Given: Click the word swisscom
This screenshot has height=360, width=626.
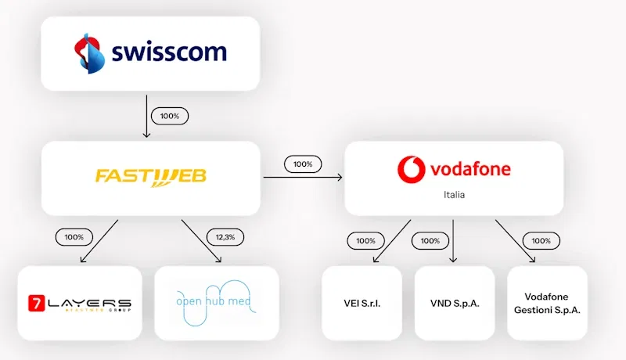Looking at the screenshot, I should [x=168, y=53].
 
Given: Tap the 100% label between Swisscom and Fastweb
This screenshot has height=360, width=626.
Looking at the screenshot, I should [x=170, y=116].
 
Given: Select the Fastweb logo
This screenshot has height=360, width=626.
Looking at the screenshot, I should [x=151, y=176].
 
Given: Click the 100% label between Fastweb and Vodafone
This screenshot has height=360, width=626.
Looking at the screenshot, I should [x=303, y=164].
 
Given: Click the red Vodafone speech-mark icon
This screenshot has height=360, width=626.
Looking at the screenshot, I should [x=410, y=169].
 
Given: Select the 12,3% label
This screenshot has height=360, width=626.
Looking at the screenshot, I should [x=225, y=236].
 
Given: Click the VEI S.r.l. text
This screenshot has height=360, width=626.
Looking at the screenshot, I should [x=362, y=303].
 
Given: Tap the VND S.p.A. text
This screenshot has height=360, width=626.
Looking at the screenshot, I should [x=453, y=303].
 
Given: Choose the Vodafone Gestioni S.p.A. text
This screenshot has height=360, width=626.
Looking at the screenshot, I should [x=547, y=303].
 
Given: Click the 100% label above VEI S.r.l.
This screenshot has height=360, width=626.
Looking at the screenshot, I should [x=365, y=241].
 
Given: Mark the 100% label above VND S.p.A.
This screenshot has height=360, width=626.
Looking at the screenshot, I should [x=430, y=241].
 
